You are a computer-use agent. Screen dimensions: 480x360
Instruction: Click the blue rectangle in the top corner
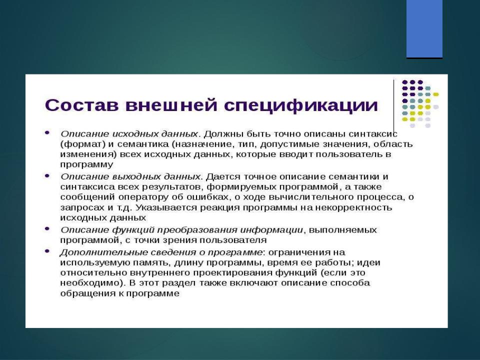pyautogui.click(x=424, y=29)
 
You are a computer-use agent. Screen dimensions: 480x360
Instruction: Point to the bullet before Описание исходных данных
pyautogui.click(x=47, y=133)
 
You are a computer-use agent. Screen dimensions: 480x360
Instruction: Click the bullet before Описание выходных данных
pyautogui.click(x=47, y=175)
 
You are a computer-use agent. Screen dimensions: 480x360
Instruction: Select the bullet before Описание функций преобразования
pyautogui.click(x=47, y=228)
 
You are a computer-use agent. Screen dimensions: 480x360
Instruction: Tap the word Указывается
pyautogui.click(x=166, y=208)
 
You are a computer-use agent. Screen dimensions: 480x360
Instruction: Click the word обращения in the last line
pyautogui.click(x=86, y=293)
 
